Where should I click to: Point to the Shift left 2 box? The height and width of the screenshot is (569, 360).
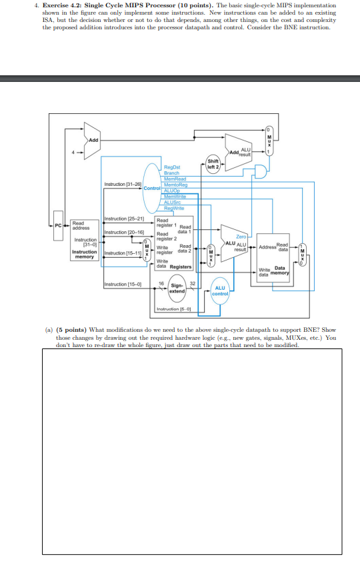(x=213, y=163)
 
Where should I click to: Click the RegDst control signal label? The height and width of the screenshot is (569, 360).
(x=172, y=167)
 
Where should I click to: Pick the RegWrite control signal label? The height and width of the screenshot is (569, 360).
(x=174, y=207)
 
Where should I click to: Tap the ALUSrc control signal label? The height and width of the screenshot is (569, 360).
(x=173, y=202)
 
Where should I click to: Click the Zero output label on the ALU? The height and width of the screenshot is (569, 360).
(x=241, y=237)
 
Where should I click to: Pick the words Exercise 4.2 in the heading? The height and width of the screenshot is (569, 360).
(x=67, y=5)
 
